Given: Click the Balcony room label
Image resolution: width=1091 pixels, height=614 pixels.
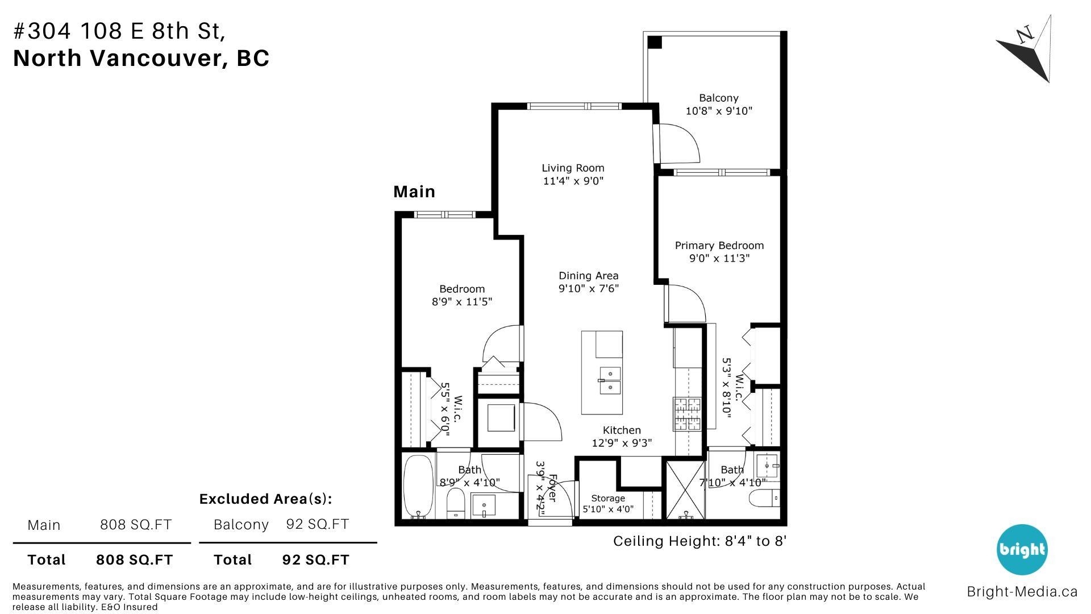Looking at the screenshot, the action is pyautogui.click(x=719, y=98).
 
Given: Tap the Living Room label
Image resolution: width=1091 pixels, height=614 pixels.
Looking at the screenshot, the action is pyautogui.click(x=573, y=168).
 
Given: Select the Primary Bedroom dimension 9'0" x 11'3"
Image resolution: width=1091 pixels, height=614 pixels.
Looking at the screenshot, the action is pyautogui.click(x=719, y=259).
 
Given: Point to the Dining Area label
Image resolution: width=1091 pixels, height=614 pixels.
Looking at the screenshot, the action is pyautogui.click(x=588, y=276).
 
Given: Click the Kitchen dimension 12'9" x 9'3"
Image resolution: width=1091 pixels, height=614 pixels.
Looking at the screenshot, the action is pyautogui.click(x=622, y=443).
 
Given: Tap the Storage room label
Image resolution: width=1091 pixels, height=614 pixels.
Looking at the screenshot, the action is pyautogui.click(x=608, y=498).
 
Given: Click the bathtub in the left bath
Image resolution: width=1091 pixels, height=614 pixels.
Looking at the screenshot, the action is pyautogui.click(x=418, y=487).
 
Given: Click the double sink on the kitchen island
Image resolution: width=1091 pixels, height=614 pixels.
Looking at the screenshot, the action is pyautogui.click(x=610, y=381).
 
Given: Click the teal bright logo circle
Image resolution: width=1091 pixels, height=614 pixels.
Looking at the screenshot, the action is pyautogui.click(x=1021, y=550).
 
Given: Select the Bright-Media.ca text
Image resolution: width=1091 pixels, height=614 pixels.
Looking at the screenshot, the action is pyautogui.click(x=1022, y=592).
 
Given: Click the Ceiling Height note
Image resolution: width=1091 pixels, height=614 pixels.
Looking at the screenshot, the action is pyautogui.click(x=699, y=541).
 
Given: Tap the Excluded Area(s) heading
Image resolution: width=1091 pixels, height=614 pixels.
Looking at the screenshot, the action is pyautogui.click(x=265, y=499).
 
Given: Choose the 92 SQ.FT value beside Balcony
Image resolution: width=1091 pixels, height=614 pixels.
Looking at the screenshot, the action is pyautogui.click(x=318, y=524).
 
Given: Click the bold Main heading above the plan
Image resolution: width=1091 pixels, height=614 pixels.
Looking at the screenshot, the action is pyautogui.click(x=414, y=192).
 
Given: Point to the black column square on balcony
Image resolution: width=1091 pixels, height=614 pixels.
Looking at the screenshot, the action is pyautogui.click(x=655, y=42).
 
